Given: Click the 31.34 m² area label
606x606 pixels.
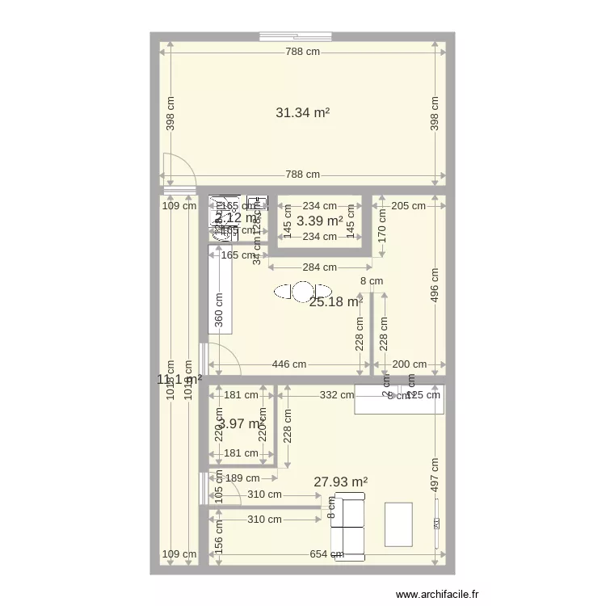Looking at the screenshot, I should coord(303,113).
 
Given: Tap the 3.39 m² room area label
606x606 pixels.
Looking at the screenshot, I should coord(319,221).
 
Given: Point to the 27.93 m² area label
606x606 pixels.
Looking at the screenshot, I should coord(341,482).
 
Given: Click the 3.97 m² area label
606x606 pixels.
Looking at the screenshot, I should coord(240,423).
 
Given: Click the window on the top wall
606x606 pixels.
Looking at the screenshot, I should coord(297,36).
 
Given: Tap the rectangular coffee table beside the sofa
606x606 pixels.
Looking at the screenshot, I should coord(398,524).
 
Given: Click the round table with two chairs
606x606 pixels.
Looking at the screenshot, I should coord(303,291).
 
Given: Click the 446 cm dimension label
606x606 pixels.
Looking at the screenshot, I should coord(288,364).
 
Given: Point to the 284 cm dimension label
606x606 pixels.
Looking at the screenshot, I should coord(319,267).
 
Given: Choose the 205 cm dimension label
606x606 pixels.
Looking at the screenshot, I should coord(408,205).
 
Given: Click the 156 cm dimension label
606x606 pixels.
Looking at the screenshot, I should coord(217,534).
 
